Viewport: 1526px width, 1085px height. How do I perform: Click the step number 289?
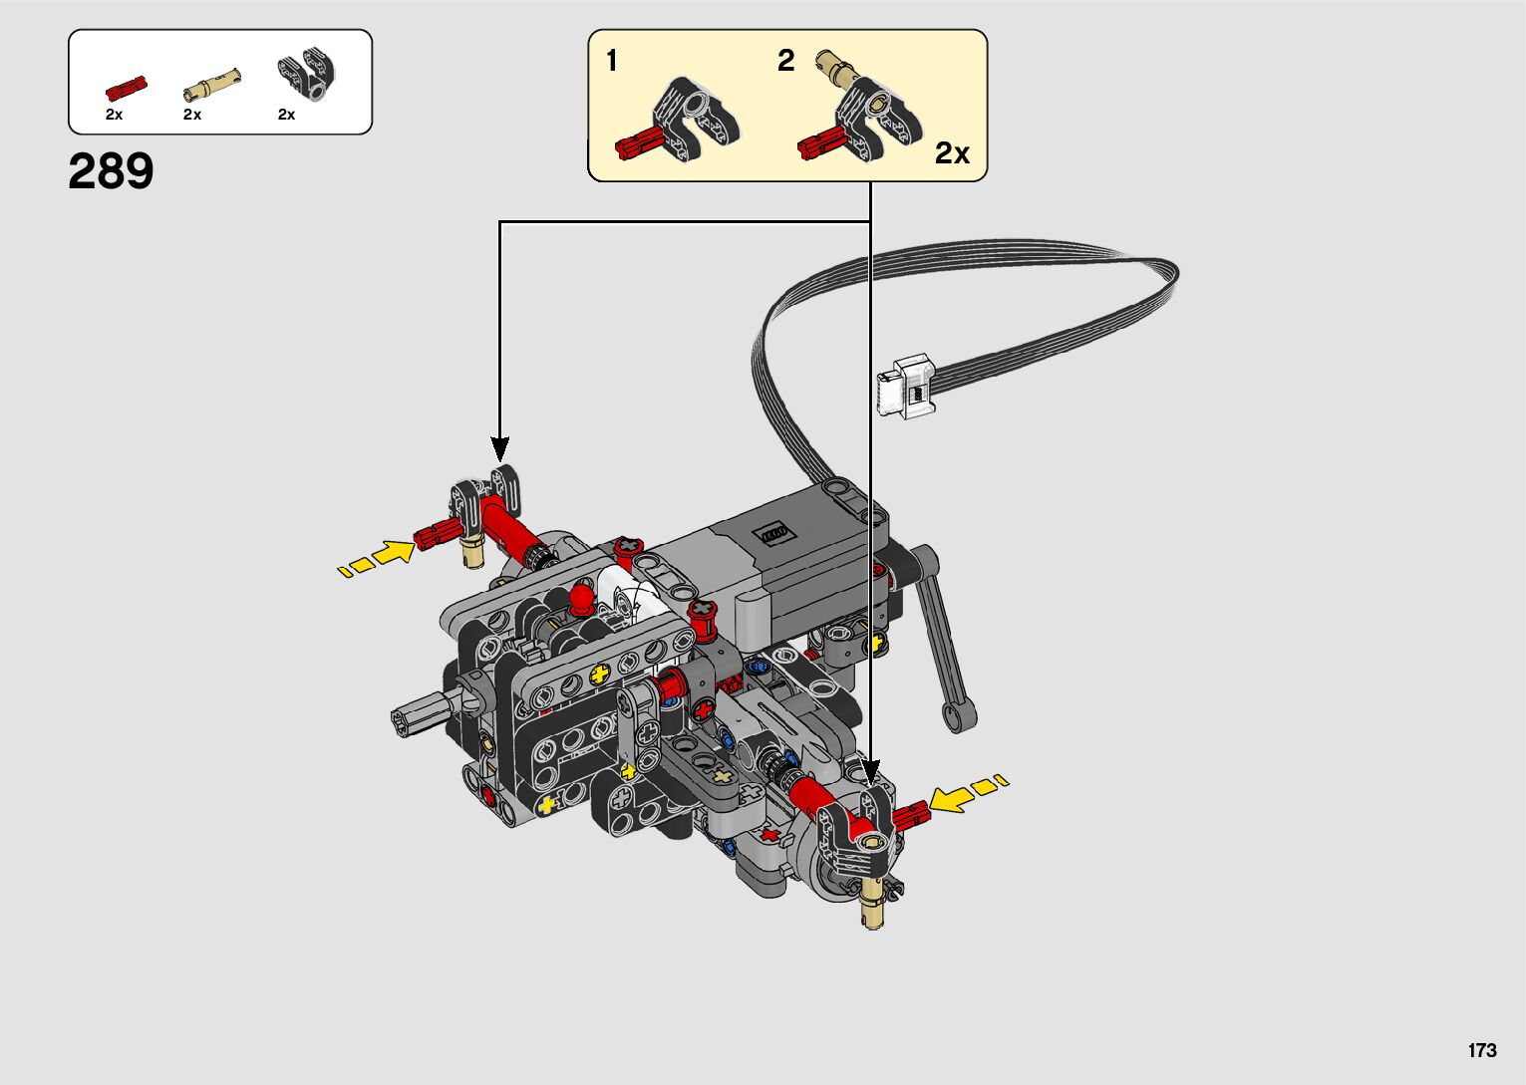coord(111,171)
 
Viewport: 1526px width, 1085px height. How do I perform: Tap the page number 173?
coord(1482,1049)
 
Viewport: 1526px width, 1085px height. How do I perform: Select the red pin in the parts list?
coord(126,89)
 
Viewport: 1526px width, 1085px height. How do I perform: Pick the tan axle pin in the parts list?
coord(212,85)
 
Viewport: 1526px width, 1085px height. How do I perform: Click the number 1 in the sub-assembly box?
coord(612,61)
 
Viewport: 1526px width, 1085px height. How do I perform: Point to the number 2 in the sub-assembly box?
coord(786,61)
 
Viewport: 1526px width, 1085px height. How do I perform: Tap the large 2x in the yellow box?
coord(952,153)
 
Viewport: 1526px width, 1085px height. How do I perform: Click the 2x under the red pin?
coord(114,116)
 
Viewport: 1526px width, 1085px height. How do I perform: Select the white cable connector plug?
coord(906,387)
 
